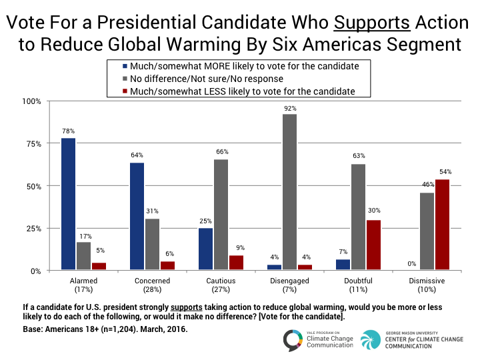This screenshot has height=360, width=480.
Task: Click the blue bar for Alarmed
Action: click(x=68, y=204)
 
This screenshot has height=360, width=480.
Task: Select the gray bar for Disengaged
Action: click(x=289, y=192)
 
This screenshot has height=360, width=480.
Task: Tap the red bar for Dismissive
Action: click(x=443, y=225)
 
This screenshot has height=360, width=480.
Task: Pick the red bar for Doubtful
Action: click(x=374, y=245)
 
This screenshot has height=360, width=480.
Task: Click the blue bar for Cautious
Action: click(x=206, y=249)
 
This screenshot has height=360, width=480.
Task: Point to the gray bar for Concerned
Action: click(x=152, y=244)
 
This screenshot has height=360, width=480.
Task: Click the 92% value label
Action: click(x=290, y=109)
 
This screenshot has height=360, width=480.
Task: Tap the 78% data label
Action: click(x=68, y=131)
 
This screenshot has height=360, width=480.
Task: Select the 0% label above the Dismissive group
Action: click(x=412, y=263)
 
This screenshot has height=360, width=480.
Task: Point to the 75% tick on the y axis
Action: click(x=34, y=144)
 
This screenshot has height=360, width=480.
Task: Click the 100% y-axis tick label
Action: click(x=31, y=101)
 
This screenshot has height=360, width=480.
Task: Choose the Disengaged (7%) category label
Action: click(x=289, y=285)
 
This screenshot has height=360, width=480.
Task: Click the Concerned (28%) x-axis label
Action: click(x=152, y=285)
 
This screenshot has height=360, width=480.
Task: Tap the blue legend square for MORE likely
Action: click(x=125, y=66)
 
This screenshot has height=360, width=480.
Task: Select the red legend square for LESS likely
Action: click(x=125, y=91)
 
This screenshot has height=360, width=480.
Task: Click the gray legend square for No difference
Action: click(x=125, y=79)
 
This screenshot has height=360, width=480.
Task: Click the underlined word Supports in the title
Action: click(x=371, y=23)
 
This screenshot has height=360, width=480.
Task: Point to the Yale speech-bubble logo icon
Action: click(x=293, y=340)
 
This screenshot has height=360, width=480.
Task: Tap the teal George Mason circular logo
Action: click(x=371, y=340)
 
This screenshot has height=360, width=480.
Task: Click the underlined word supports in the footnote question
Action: click(x=187, y=307)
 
